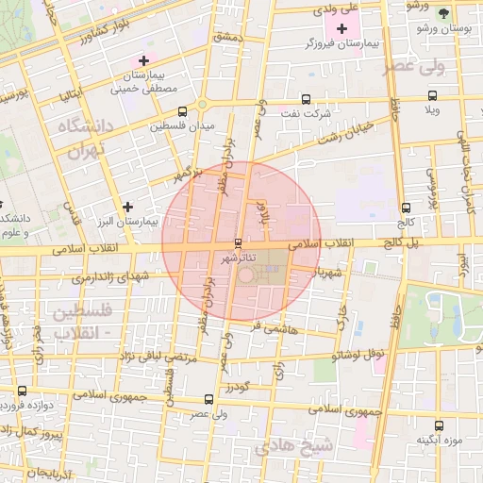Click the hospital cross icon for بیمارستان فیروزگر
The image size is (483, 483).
tap(341, 29)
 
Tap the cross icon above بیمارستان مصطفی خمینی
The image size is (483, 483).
tap(142, 60)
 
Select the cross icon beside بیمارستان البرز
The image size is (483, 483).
tap(128, 206)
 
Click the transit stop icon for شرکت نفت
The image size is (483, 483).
tap(306, 98)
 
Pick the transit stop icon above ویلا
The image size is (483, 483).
tap(433, 95)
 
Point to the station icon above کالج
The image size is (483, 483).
tap(406, 208)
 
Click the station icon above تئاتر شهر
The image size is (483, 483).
tap(238, 242)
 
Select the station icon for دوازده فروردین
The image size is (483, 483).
tap(22, 390)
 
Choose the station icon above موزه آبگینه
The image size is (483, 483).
tap(437, 425)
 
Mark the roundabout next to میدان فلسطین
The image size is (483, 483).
tap(202, 104)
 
